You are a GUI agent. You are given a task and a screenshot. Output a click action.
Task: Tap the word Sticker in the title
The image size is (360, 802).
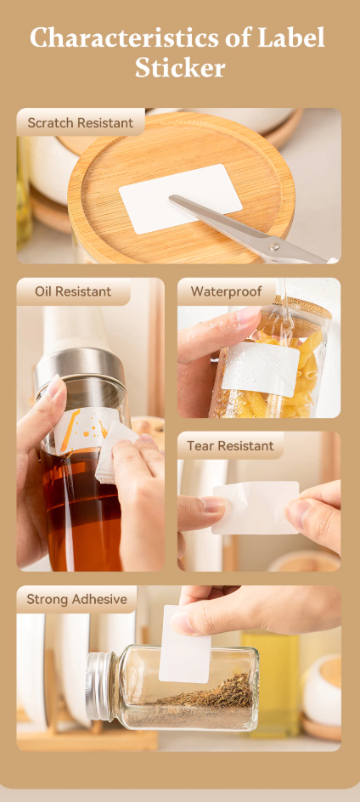(180, 67)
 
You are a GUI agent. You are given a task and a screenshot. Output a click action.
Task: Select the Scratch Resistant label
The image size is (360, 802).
(81, 122)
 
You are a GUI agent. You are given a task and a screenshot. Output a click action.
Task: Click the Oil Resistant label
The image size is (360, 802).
(73, 291)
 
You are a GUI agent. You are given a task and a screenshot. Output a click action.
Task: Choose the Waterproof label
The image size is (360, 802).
(226, 291)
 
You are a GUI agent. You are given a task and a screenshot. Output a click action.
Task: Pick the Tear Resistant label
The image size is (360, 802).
(230, 445)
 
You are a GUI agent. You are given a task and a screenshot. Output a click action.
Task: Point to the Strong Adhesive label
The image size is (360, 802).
(76, 599)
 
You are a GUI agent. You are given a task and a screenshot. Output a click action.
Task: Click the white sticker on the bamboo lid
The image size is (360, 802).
(181, 199)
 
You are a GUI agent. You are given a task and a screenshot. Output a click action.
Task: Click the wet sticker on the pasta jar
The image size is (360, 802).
(261, 368)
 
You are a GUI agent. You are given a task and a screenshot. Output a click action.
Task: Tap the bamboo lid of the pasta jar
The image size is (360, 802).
(301, 307)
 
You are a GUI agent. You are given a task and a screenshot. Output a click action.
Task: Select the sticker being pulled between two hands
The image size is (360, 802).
(256, 507)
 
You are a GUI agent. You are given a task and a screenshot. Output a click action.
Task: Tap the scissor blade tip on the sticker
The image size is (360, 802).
(172, 197)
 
